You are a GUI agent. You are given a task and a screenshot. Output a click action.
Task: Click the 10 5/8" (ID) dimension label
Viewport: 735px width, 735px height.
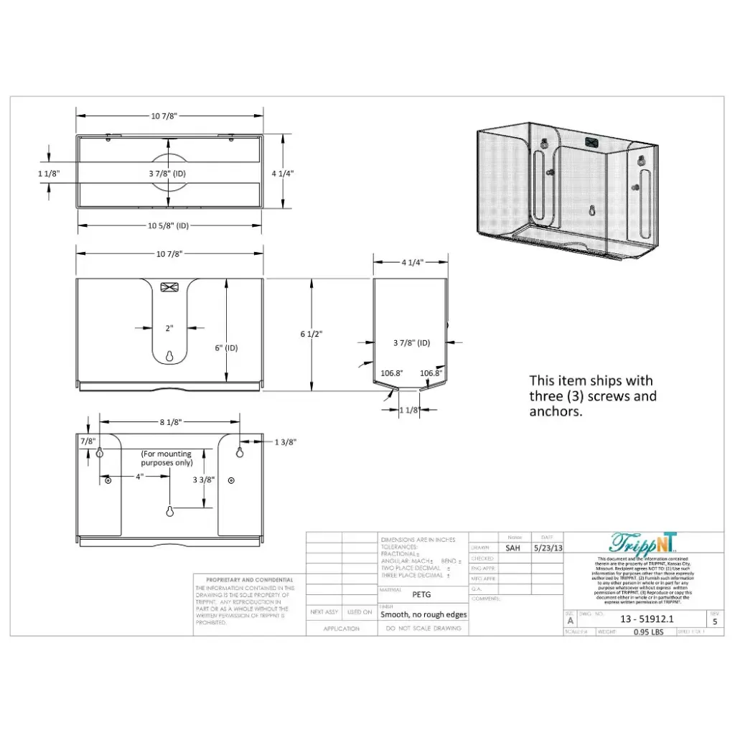click(x=168, y=225)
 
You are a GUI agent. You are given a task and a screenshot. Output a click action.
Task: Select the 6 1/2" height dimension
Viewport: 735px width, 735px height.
click(x=312, y=334)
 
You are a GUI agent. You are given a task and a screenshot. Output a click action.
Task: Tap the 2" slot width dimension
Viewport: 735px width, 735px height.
click(x=169, y=328)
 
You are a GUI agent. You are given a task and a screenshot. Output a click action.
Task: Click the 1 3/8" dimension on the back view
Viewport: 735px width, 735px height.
click(x=285, y=442)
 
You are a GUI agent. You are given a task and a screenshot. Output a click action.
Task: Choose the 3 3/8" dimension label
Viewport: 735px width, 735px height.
click(x=202, y=479)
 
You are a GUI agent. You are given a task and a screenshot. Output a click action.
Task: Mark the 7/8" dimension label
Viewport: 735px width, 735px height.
click(x=88, y=440)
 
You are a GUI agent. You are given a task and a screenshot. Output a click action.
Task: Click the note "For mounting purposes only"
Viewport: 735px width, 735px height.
click(x=167, y=458)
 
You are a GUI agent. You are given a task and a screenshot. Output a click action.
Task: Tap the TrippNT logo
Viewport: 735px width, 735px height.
click(x=643, y=543)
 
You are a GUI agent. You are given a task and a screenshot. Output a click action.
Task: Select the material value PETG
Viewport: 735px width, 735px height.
click(x=421, y=594)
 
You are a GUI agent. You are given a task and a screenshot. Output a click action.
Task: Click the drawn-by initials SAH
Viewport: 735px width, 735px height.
click(x=512, y=548)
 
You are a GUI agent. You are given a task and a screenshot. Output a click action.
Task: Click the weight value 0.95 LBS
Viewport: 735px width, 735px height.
click(x=648, y=632)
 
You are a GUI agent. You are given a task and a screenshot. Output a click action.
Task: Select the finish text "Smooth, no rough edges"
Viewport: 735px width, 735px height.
click(x=423, y=614)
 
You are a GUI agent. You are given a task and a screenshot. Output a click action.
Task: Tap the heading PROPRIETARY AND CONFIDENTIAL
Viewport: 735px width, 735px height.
click(x=249, y=579)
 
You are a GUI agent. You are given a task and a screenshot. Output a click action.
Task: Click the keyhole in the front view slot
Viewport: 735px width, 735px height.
click(x=169, y=356)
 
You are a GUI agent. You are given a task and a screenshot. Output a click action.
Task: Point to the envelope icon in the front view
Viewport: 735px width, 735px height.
click(x=169, y=287)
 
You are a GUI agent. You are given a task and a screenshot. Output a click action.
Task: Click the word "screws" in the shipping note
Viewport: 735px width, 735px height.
click(x=612, y=396)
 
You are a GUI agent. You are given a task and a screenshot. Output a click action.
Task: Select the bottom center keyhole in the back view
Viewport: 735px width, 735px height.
click(x=170, y=511)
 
